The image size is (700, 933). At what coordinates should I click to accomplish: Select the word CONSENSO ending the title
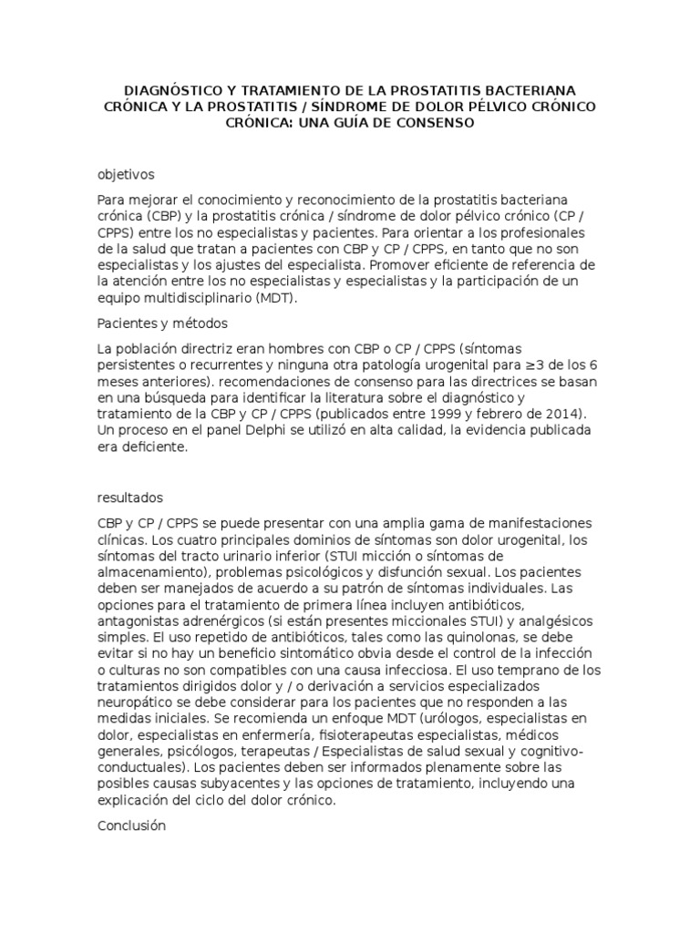[x=430, y=124]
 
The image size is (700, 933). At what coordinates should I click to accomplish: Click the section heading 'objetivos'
[x=126, y=174]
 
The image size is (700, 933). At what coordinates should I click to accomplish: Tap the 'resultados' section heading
[x=129, y=497]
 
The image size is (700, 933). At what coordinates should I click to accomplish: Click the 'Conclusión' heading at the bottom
[x=131, y=825]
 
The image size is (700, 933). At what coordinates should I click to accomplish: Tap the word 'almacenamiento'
[x=150, y=572]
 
